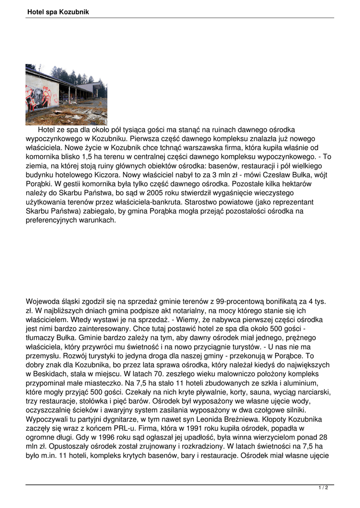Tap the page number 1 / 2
(x=323, y=488)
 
